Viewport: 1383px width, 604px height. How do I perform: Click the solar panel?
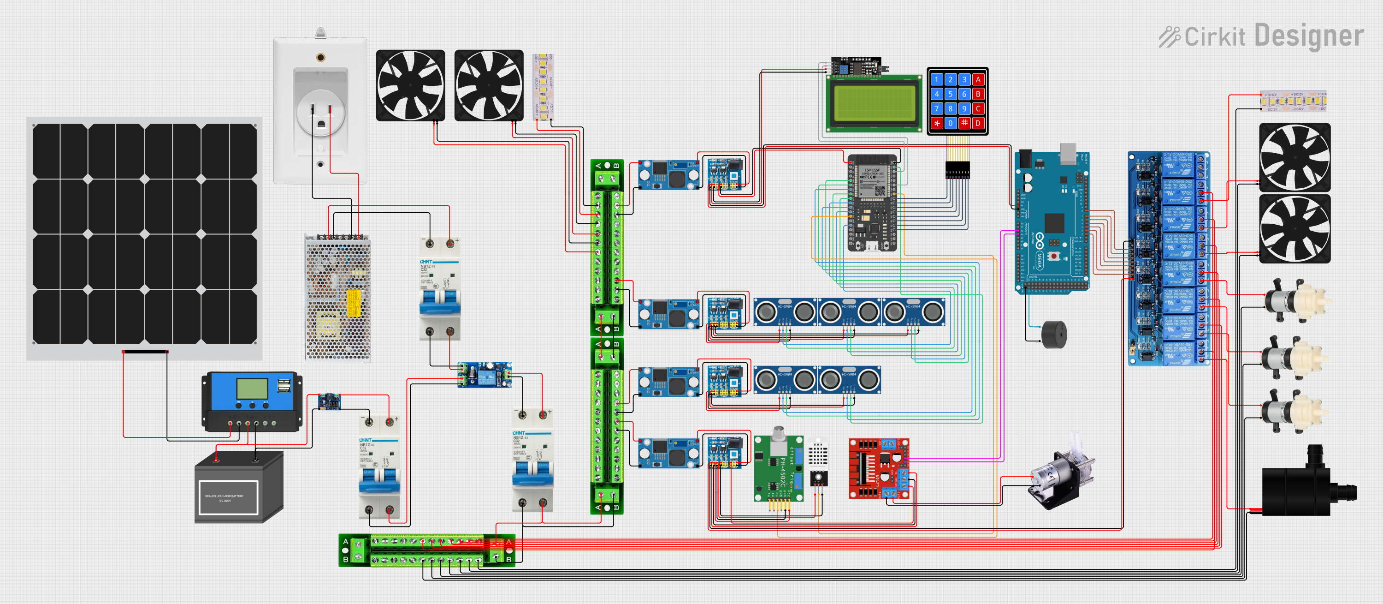point(144,234)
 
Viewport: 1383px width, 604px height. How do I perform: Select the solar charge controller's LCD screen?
point(252,388)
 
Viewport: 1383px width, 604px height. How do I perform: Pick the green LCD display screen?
point(872,102)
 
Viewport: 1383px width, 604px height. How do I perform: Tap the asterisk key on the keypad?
point(937,124)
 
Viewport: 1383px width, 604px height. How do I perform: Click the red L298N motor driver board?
point(878,469)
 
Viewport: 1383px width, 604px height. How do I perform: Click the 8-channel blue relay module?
point(1169,258)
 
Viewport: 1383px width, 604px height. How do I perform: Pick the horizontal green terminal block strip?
point(427,550)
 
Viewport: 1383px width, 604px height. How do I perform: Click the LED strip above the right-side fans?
point(1293,101)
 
